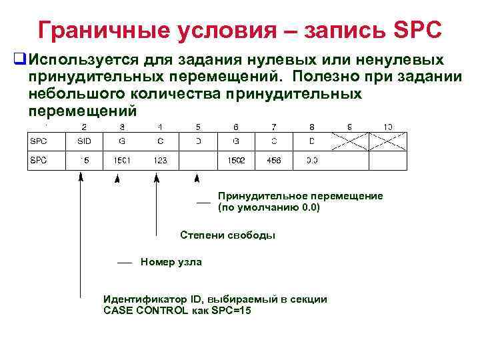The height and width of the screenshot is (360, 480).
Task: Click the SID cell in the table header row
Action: (84, 141)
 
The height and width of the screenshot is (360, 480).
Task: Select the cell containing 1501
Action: (123, 160)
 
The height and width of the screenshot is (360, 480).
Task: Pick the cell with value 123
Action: (160, 160)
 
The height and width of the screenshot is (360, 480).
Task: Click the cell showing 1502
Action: (237, 160)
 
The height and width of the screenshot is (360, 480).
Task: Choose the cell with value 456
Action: (273, 160)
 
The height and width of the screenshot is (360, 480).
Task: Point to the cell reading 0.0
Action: (312, 160)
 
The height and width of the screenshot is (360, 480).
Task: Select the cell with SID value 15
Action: (85, 160)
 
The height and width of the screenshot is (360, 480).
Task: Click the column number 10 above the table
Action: (388, 126)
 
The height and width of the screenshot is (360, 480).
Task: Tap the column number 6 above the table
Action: (236, 126)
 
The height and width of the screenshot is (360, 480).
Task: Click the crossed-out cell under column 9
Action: (350, 141)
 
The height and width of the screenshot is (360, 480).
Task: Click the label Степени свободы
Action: (227, 235)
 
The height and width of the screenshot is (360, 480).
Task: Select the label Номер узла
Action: (171, 262)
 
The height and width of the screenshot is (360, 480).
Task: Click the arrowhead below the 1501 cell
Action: (118, 178)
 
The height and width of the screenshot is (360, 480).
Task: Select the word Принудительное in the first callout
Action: (256, 196)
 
